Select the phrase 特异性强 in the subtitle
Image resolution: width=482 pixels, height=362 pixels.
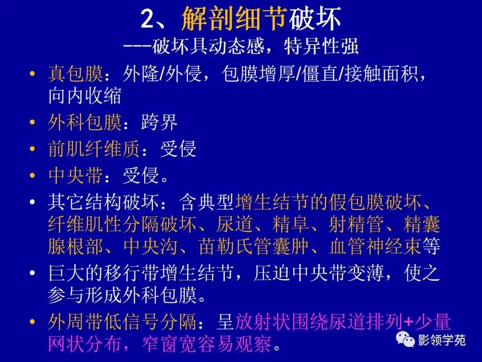click(321, 46)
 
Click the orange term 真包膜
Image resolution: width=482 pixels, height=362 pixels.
click(75, 74)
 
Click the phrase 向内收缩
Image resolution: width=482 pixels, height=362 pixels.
click(85, 97)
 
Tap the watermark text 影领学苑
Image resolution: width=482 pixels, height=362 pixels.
click(441, 340)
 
